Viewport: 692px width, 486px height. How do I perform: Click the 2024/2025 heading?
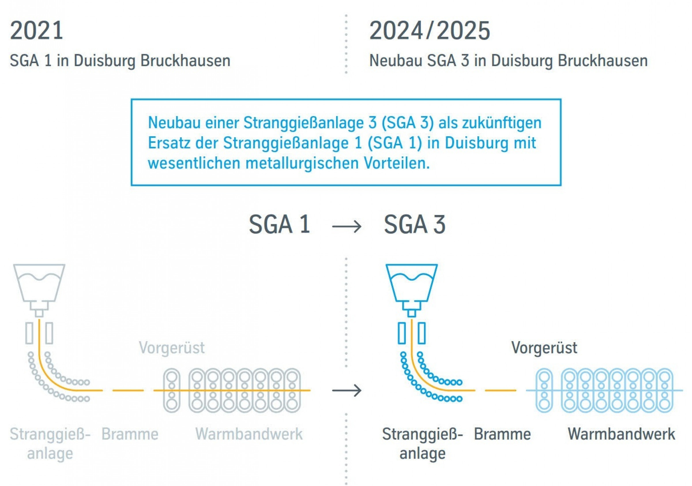coord(429,31)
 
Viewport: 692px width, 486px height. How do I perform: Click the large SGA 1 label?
coord(279,224)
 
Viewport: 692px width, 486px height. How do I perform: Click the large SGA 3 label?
coord(414,224)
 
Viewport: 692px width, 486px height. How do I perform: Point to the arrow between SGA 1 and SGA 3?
coord(347,226)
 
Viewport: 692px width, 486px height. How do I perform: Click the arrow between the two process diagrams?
coord(347,391)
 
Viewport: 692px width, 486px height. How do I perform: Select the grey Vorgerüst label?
coord(172,347)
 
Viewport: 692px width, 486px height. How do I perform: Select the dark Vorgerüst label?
coord(544,347)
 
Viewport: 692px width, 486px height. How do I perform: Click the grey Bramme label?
coord(129,434)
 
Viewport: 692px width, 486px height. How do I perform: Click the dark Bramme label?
coord(502,434)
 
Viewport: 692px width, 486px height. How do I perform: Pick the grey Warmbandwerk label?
coord(249,434)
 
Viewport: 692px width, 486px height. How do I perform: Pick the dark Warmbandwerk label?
coord(621,434)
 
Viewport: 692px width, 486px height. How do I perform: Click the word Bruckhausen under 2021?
coord(185,61)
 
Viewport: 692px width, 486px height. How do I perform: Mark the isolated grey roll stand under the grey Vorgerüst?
coord(172,391)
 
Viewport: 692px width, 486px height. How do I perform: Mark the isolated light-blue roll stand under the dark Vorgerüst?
coord(544,391)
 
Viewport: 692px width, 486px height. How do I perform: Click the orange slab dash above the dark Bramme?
coord(500,391)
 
